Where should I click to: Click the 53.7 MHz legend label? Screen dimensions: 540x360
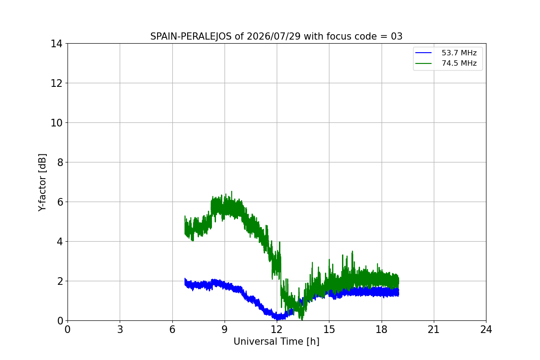point(459,53)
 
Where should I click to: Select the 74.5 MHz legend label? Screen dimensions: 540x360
point(459,63)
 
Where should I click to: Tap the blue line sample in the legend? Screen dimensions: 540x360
point(423,53)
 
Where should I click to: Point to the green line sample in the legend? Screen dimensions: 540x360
point(423,63)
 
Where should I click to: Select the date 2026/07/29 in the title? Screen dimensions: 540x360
point(274,36)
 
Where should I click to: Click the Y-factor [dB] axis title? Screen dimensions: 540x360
point(42,183)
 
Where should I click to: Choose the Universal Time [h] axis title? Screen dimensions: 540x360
point(276,342)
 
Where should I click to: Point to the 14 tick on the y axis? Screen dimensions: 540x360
point(56,44)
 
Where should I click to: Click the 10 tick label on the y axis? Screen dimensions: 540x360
point(56,123)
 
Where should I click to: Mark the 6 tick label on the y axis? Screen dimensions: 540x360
point(60,202)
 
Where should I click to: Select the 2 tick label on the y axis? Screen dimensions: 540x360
point(60,281)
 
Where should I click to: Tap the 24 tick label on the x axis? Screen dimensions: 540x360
point(486,329)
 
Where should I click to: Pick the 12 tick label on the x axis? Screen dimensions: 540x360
point(277,329)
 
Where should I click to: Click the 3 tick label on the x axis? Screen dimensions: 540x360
point(120,329)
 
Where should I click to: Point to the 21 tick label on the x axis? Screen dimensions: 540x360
point(434,329)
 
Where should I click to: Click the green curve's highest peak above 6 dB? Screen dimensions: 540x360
point(232,191)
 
